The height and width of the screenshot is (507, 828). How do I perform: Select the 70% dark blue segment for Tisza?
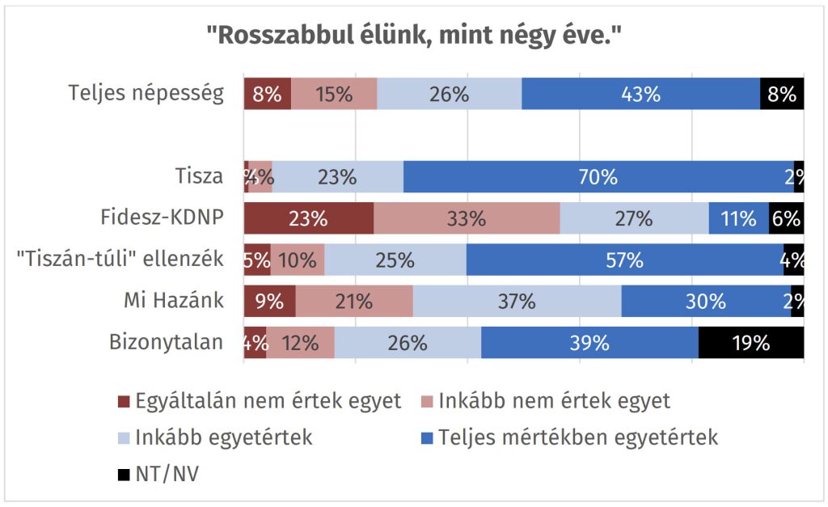pos(598,176)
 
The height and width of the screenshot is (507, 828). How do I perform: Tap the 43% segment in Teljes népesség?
pos(640,94)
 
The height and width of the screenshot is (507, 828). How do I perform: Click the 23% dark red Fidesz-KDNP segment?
pos(309,218)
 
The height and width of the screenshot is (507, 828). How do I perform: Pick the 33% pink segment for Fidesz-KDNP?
pos(467,218)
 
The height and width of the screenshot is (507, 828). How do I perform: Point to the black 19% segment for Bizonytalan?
pos(750,343)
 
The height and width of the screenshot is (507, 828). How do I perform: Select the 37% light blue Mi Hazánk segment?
pos(517,302)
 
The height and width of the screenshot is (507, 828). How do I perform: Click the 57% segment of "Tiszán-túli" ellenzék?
pos(624,260)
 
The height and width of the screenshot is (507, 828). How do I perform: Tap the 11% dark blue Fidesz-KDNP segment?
pos(738,218)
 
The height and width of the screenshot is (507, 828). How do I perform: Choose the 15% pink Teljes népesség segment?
pos(334,94)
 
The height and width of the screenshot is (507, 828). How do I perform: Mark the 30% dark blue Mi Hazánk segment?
pos(706,302)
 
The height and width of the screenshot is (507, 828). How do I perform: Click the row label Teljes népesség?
pos(146,94)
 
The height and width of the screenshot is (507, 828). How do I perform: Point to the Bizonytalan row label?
pos(166,342)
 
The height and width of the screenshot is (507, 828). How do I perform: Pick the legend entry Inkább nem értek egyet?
pos(554,401)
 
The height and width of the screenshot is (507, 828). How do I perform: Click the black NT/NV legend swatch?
pos(124,475)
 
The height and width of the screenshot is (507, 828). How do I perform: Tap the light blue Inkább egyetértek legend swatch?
pos(124,439)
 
